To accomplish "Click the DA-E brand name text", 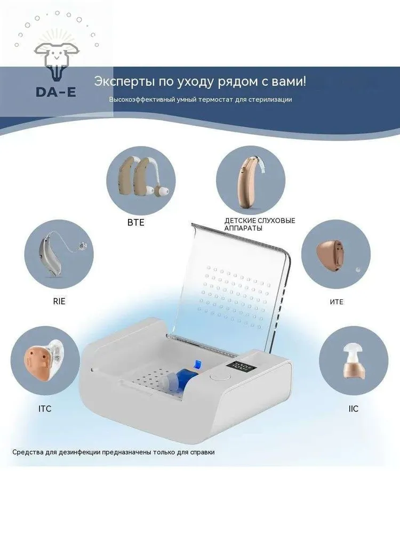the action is pyautogui.click(x=56, y=92).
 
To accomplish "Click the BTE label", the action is pyautogui.click(x=135, y=223).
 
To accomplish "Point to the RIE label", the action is pyautogui.click(x=59, y=301).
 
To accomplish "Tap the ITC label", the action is pyautogui.click(x=45, y=409).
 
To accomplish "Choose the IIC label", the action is pyautogui.click(x=354, y=409).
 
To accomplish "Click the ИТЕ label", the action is pyautogui.click(x=337, y=302).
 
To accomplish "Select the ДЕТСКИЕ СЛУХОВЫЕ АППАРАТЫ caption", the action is pyautogui.click(x=260, y=224).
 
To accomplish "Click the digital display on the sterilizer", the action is pyautogui.click(x=237, y=367).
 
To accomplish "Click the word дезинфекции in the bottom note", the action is pyautogui.click(x=79, y=453).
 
